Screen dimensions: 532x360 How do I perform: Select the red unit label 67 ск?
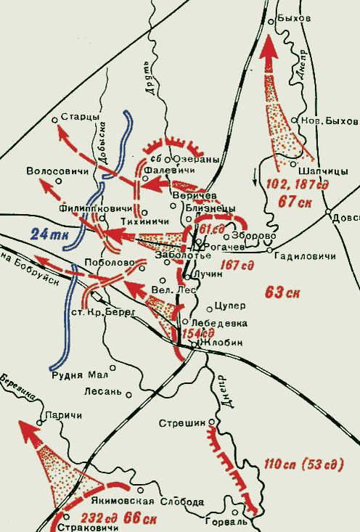[295, 202]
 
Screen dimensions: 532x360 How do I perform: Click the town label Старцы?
[79, 116]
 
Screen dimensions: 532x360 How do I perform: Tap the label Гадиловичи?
[298, 257]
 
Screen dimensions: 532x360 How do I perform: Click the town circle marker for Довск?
[328, 216]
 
